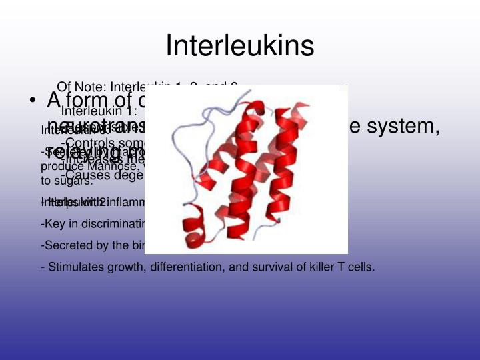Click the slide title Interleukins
[x=239, y=45]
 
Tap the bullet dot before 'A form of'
[x=31, y=101]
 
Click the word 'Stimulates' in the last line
[x=75, y=267]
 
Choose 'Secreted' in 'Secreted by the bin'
[x=65, y=245]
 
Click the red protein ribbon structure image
[x=246, y=169]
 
